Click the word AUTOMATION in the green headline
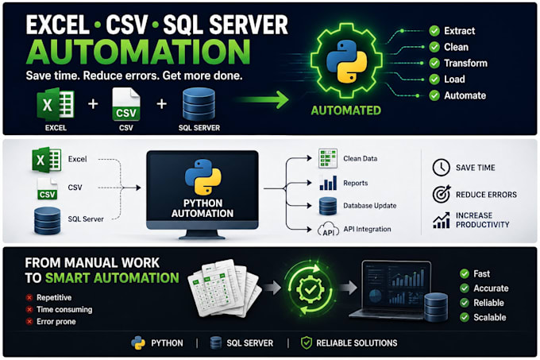[138, 52]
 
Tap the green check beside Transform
[434, 63]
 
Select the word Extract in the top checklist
[460, 31]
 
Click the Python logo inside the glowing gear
[346, 62]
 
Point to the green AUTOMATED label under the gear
[345, 110]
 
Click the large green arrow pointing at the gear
[264, 100]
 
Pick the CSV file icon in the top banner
[126, 104]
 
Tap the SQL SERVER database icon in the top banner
[199, 103]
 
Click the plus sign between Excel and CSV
[93, 103]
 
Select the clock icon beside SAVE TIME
[442, 168]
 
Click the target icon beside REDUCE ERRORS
[442, 194]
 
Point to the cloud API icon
[328, 230]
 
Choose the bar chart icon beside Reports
[328, 183]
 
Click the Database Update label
[369, 206]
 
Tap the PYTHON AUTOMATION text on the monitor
[202, 208]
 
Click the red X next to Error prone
[29, 321]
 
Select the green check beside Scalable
[465, 317]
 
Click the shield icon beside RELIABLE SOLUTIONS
[307, 343]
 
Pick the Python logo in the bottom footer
[138, 343]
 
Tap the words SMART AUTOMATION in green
[112, 278]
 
